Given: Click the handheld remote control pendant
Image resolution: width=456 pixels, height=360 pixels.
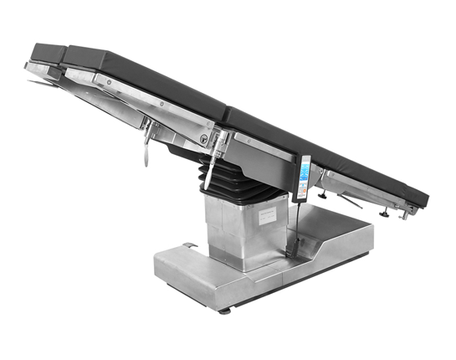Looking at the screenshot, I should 303,178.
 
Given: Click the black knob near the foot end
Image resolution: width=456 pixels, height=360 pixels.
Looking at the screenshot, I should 384,212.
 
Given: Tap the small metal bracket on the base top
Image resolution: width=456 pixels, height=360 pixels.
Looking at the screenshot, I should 189,244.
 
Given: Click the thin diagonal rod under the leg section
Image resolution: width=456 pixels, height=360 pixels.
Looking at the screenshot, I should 347,201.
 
